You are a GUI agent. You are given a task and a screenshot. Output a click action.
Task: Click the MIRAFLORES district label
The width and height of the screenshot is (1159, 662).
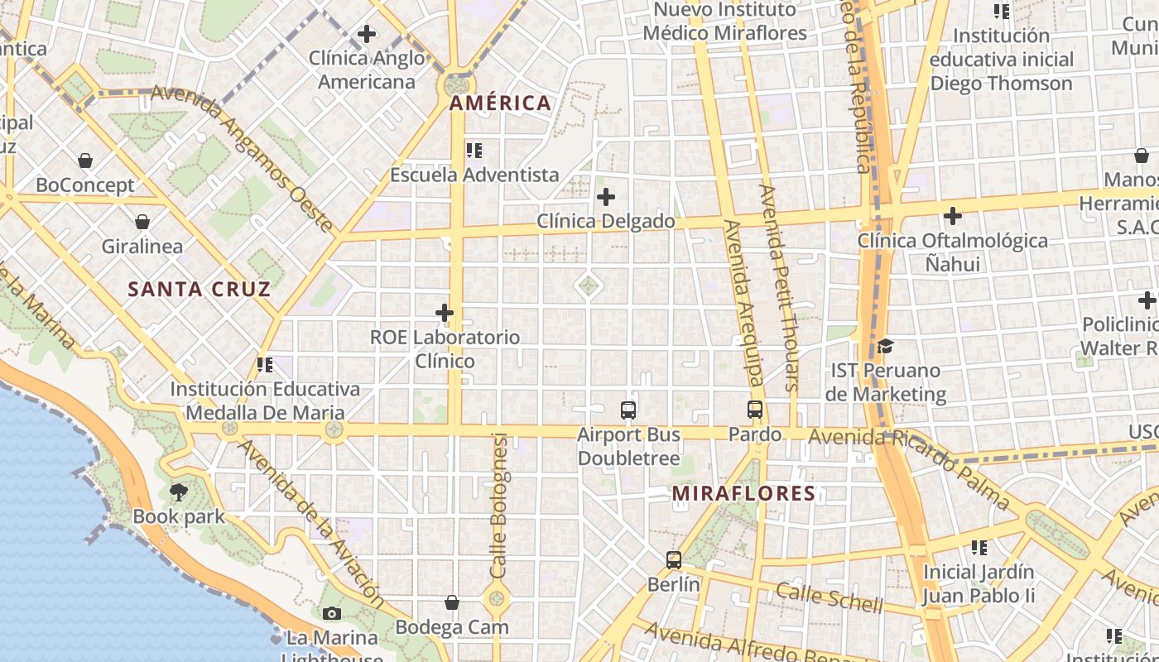tap(743, 494)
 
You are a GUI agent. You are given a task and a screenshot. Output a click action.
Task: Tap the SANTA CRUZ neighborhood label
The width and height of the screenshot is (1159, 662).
tap(200, 289)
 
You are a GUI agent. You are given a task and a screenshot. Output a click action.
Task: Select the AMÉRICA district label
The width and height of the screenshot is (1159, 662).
tap(500, 103)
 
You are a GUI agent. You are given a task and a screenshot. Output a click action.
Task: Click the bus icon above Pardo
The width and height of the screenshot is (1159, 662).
tap(755, 409)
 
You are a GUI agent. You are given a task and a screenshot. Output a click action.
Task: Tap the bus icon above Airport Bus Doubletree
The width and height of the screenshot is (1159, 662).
tap(628, 410)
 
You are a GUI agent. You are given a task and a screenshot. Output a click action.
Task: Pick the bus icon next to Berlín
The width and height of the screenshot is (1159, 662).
tap(674, 560)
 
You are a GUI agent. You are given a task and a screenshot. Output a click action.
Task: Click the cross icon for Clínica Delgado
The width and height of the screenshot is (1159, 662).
tap(606, 197)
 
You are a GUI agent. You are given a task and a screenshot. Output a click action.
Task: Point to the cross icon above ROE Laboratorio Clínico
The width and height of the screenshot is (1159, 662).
tap(445, 313)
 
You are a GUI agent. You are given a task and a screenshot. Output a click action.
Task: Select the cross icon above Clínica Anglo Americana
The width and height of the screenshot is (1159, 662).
tap(366, 34)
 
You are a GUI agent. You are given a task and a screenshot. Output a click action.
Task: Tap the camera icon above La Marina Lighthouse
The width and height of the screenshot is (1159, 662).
tap(332, 613)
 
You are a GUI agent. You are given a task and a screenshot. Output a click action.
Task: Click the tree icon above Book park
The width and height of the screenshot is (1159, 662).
tap(178, 492)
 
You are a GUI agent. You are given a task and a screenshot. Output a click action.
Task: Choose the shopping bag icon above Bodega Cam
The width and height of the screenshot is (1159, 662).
tap(452, 602)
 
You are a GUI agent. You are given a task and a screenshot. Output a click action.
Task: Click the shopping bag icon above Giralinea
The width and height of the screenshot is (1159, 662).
tap(142, 222)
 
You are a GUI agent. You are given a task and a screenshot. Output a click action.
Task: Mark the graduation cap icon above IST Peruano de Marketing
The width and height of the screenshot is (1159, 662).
tap(885, 346)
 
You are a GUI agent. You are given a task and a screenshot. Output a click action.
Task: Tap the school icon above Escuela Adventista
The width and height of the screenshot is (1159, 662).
tap(474, 151)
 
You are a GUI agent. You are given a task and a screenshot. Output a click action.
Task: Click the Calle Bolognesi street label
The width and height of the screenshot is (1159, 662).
tap(499, 505)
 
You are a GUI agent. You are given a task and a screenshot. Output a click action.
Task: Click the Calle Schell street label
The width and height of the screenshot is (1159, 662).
tap(829, 597)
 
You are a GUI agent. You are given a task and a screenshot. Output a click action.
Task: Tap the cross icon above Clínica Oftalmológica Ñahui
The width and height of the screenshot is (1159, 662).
tap(953, 216)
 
